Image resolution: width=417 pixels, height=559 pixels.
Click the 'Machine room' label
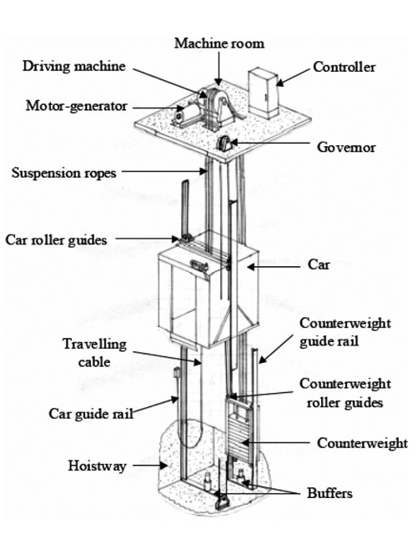pos(219,43)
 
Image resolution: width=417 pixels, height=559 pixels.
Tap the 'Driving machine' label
pos(74,66)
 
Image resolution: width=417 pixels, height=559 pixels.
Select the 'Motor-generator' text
pos(76,106)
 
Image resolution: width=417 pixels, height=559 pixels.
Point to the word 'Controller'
pos(344,67)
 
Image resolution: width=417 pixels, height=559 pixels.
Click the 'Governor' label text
pos(346,147)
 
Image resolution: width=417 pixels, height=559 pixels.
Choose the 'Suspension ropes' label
pos(63,174)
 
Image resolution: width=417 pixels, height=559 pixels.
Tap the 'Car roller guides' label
pos(56,240)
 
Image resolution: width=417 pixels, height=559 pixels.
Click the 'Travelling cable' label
pos(94,353)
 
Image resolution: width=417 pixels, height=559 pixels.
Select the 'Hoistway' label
pos(97,466)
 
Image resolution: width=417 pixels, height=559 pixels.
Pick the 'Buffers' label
pos(329,493)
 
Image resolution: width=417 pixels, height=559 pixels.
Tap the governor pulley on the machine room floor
pos(224,144)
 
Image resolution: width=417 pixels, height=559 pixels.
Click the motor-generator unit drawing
pos(184,113)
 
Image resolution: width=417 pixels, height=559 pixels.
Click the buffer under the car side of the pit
pos(207,482)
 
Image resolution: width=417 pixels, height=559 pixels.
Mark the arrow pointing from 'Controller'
pos(293,77)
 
